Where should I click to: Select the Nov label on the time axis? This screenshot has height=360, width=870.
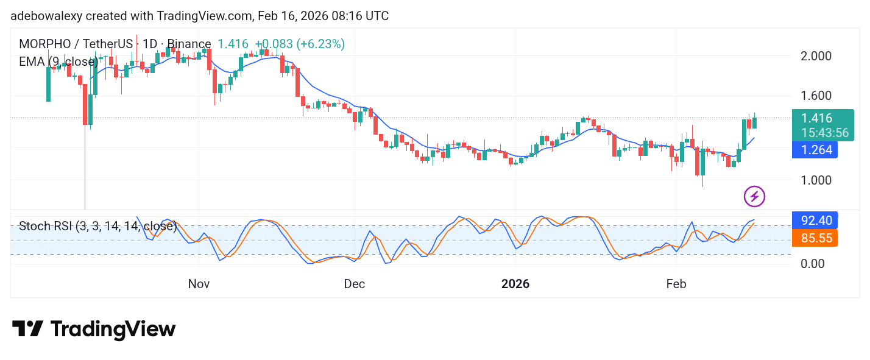(x=199, y=284)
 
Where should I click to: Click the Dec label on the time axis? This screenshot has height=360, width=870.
(x=355, y=284)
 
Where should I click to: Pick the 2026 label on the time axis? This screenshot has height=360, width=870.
(x=515, y=284)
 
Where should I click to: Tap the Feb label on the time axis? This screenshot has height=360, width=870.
(x=676, y=284)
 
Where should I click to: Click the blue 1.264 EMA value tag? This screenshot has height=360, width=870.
(x=815, y=150)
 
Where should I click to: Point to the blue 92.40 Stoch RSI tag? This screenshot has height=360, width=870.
(x=815, y=220)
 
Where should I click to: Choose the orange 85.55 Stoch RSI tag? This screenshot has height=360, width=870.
(x=815, y=238)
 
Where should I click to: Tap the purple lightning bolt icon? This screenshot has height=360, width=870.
(x=754, y=196)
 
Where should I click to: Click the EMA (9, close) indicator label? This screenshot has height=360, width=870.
(x=58, y=62)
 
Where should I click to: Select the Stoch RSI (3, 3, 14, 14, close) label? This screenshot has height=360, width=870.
(x=97, y=227)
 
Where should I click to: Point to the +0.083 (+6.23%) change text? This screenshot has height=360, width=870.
(x=300, y=44)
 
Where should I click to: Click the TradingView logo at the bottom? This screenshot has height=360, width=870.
(x=94, y=330)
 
